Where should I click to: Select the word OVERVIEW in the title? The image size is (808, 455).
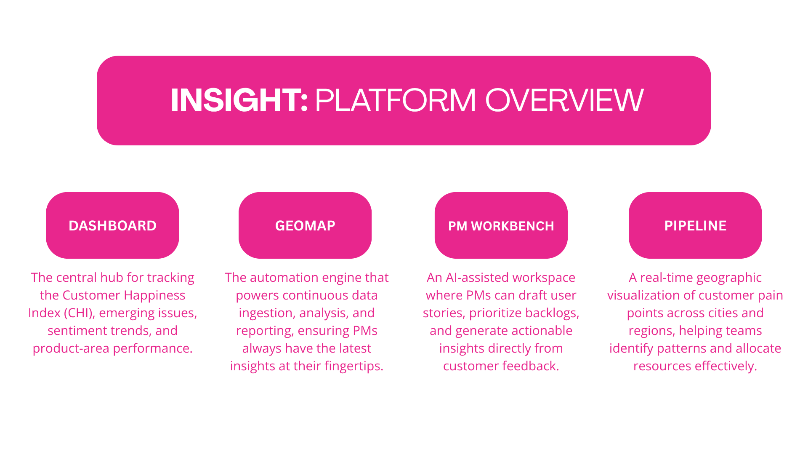[564, 100]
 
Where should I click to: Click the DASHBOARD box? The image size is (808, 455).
[112, 225]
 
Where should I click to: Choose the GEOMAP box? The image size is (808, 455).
[305, 225]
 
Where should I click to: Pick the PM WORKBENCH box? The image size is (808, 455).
[501, 225]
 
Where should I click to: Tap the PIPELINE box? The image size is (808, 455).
[695, 225]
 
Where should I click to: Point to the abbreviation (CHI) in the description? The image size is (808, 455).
[80, 313]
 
